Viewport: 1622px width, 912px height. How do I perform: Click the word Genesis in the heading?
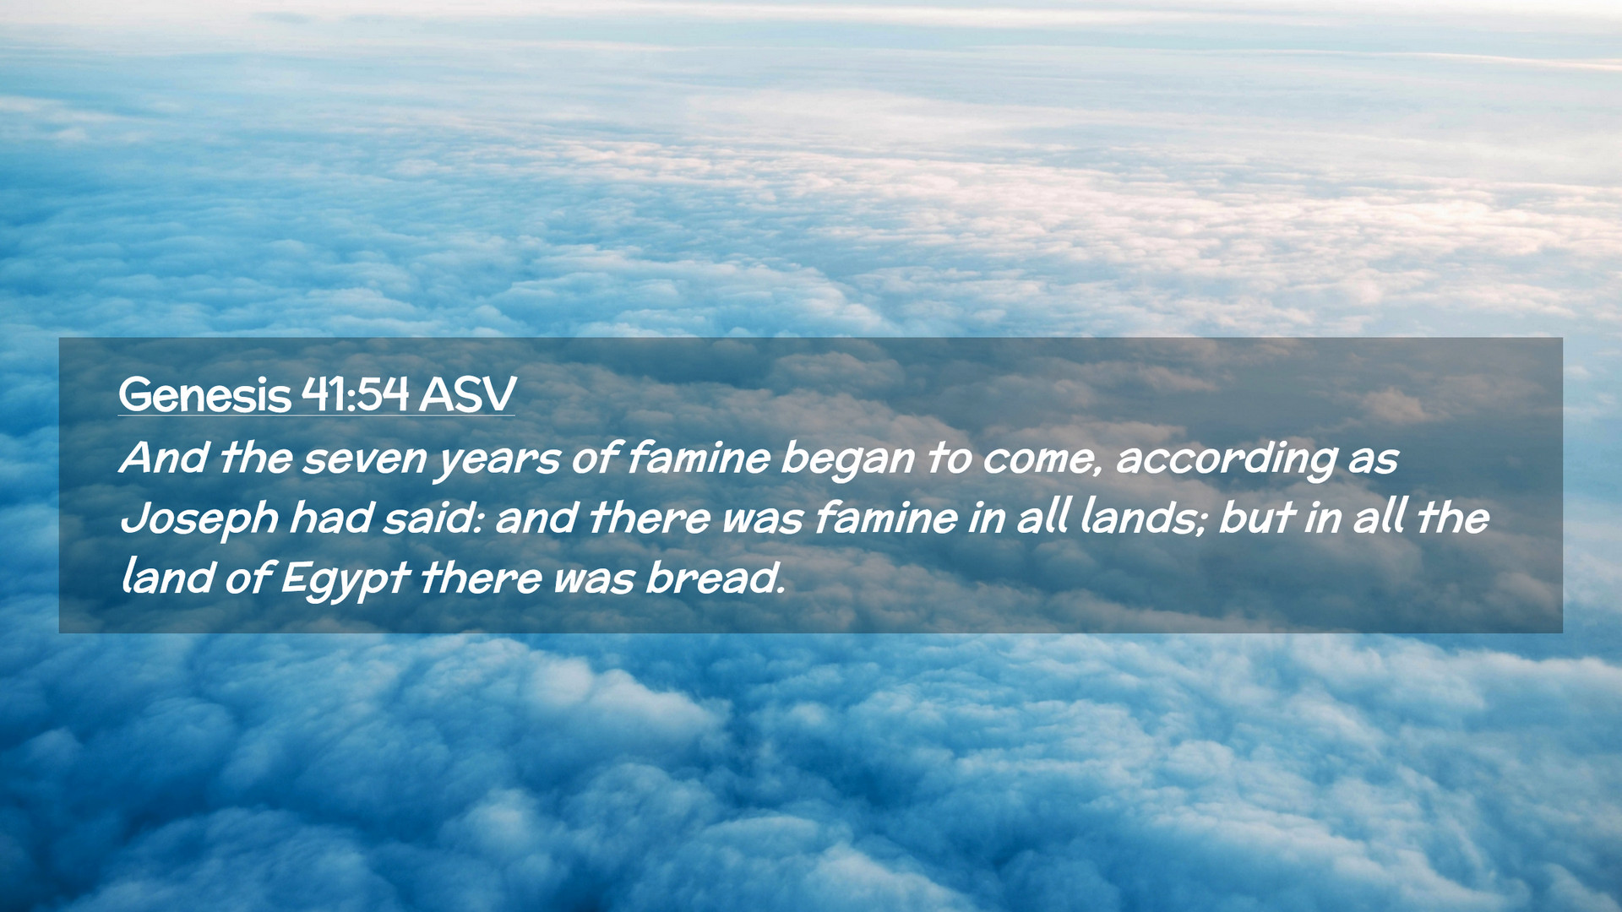(204, 394)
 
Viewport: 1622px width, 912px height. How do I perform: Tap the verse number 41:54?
(355, 394)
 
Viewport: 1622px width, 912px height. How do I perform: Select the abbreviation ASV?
(467, 394)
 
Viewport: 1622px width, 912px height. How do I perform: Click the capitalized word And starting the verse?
(164, 458)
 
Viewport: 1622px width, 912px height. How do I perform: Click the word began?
(847, 460)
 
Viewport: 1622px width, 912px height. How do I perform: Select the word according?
(1227, 460)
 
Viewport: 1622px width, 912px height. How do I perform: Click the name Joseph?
(199, 519)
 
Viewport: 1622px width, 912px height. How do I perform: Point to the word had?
(330, 518)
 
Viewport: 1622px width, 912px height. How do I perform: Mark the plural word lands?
(1145, 518)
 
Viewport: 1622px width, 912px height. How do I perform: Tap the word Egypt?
(345, 580)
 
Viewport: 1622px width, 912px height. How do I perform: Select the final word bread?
(715, 578)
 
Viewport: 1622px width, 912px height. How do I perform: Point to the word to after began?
(949, 459)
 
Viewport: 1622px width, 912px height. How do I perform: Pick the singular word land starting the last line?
(166, 578)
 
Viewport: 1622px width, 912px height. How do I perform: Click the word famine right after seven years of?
(698, 458)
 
